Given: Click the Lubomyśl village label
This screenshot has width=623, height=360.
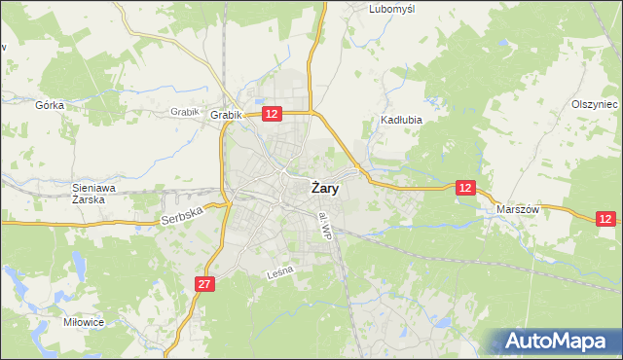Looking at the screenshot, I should pos(392,9).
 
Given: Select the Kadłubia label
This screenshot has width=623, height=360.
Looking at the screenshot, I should pos(399,122).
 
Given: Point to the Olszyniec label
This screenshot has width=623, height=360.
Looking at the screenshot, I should pos(594,104).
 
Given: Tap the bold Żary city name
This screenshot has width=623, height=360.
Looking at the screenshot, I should pos(325,189).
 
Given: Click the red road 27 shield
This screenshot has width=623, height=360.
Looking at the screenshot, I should pos(203,284).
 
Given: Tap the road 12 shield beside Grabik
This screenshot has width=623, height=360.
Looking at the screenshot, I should pos(272,114).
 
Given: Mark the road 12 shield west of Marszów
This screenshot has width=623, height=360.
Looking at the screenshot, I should pos(466,187).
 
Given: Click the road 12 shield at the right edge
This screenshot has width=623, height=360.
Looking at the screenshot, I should pos(606,220).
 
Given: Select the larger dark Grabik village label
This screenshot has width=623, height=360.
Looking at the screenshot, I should pos(225,115).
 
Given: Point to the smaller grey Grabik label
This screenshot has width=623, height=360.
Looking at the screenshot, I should pos(184,111).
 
